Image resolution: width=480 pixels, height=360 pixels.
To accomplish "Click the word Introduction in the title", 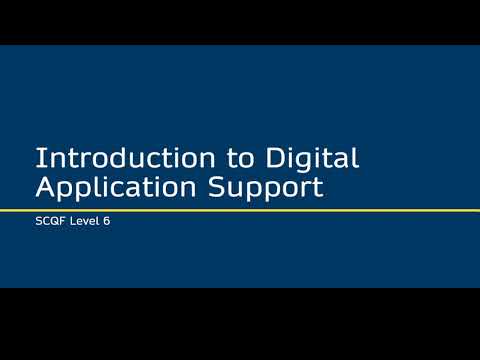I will (x=111, y=158).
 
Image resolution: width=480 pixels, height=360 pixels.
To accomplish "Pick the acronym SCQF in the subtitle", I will (x=49, y=222).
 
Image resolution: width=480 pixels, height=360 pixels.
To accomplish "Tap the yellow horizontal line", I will (x=240, y=209).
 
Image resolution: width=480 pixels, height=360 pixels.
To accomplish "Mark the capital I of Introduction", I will (x=38, y=158).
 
